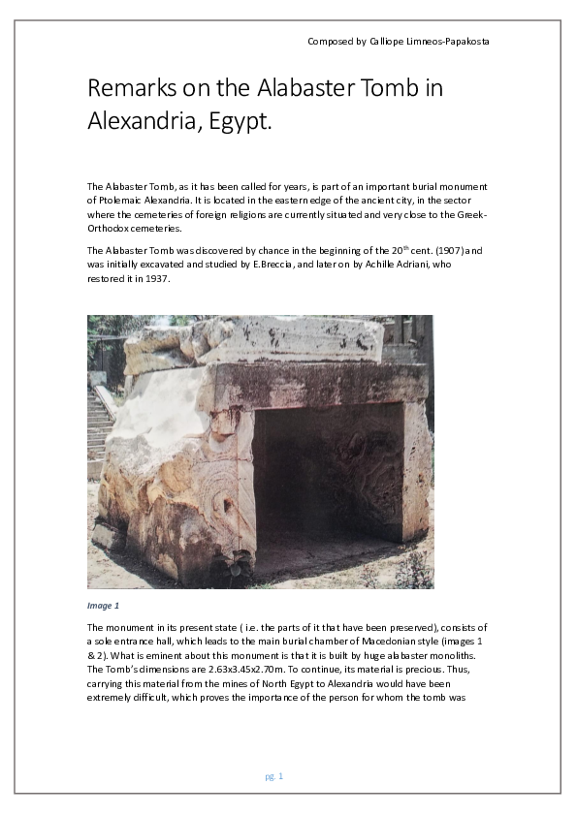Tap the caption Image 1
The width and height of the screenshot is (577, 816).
[103, 606]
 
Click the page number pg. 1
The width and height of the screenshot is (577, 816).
[273, 776]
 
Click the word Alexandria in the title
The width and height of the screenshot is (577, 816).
[140, 123]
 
